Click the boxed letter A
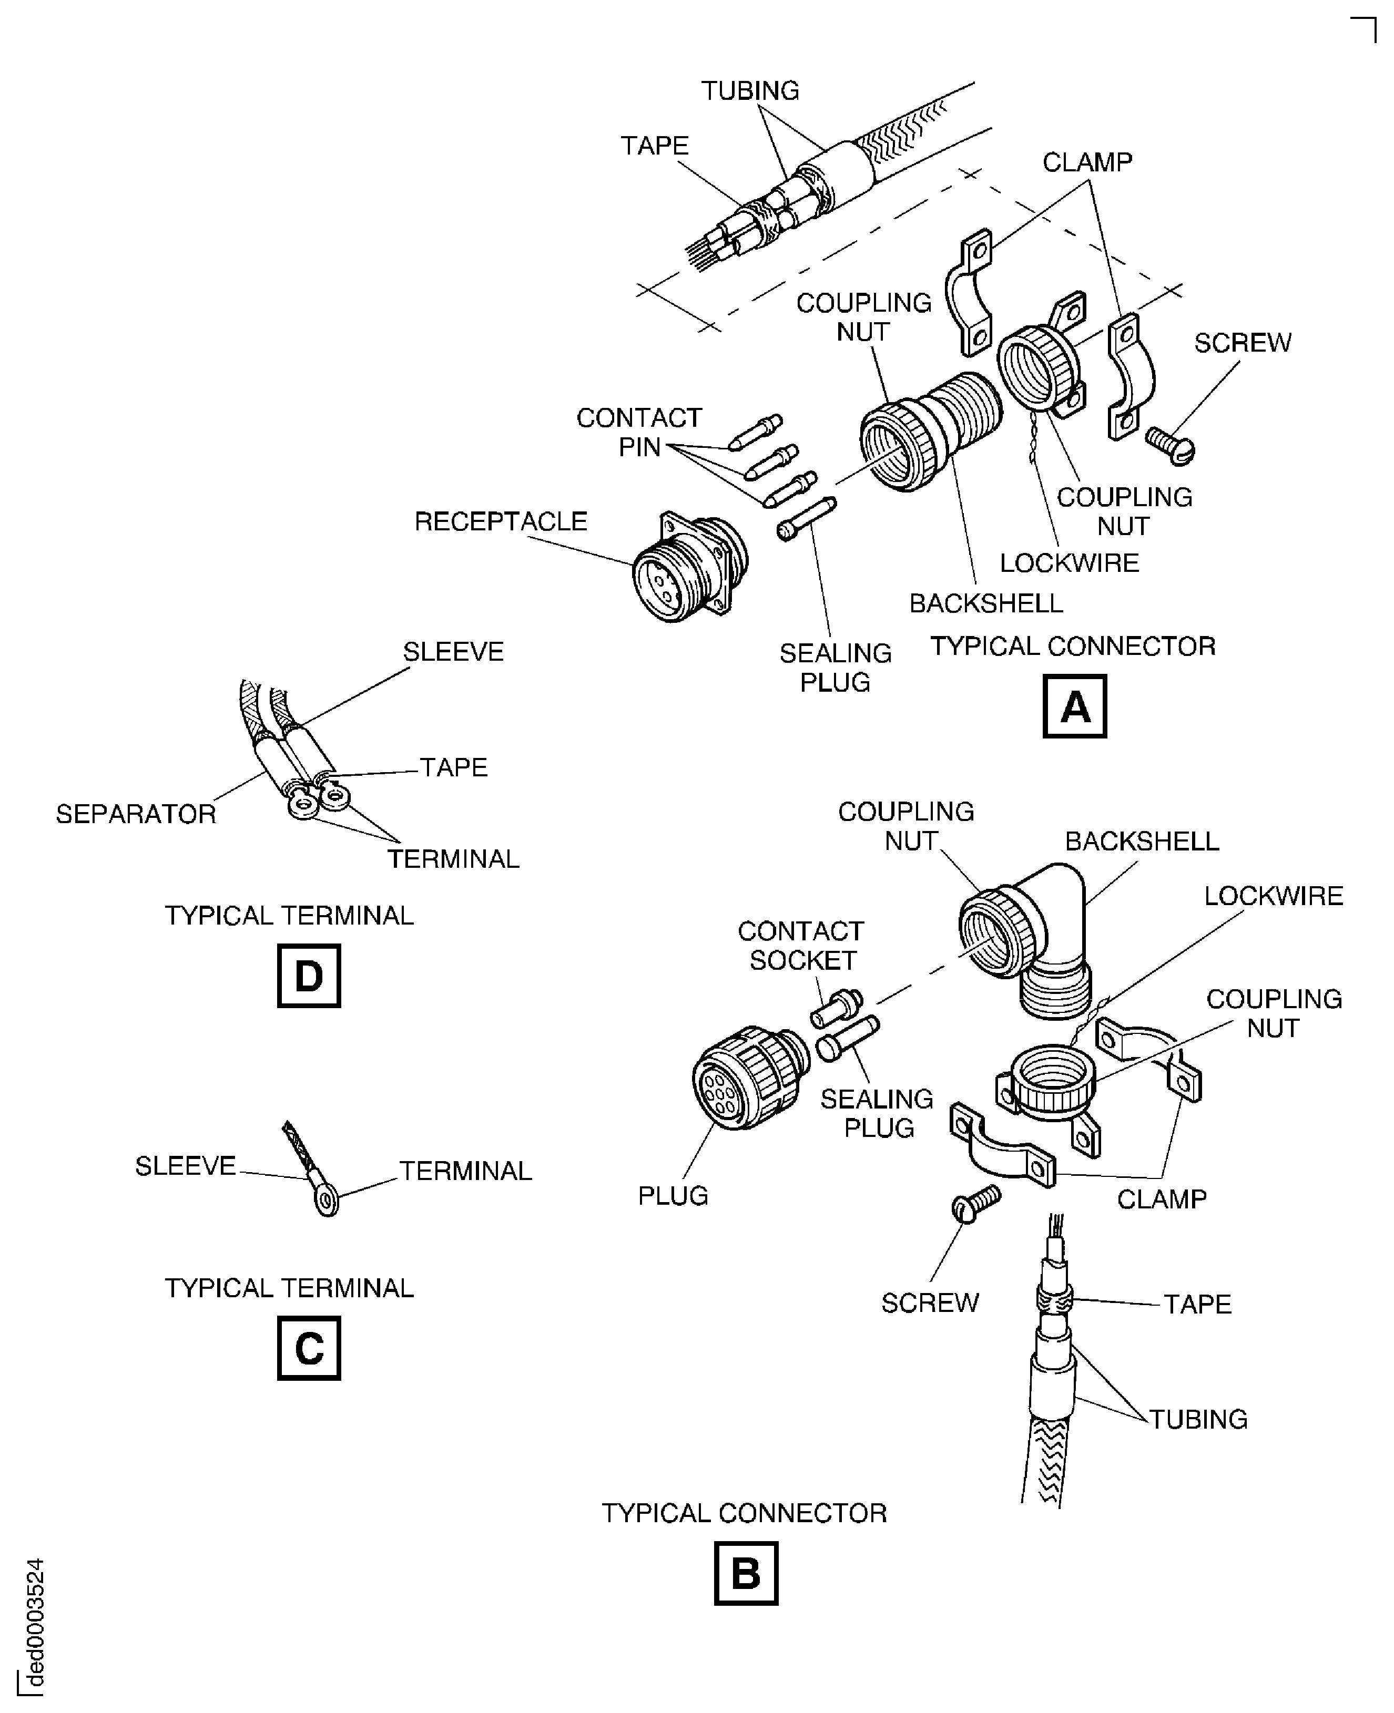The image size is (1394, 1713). pyautogui.click(x=1074, y=706)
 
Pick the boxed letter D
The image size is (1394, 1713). pyautogui.click(x=308, y=976)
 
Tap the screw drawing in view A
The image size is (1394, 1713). pyautogui.click(x=1171, y=445)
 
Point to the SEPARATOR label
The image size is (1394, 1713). pyautogui.click(x=136, y=814)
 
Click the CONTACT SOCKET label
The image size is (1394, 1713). pyautogui.click(x=800, y=946)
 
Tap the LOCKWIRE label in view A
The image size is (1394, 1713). pyautogui.click(x=1069, y=563)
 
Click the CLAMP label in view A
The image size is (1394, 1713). pyautogui.click(x=1086, y=162)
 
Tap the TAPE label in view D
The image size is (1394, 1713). pyautogui.click(x=454, y=767)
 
